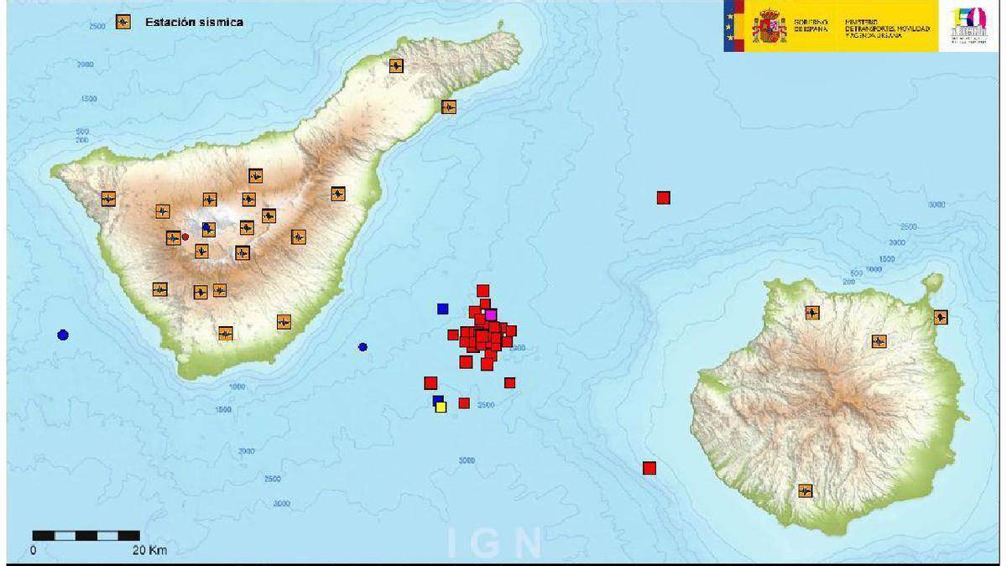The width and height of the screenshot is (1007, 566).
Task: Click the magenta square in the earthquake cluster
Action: [x=491, y=314]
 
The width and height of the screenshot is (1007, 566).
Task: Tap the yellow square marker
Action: [x=441, y=407]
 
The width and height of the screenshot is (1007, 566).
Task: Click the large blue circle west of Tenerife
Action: [x=62, y=335]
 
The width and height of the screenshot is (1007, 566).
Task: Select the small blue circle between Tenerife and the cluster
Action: [x=363, y=347]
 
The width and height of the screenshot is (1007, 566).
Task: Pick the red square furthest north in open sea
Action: [x=663, y=198]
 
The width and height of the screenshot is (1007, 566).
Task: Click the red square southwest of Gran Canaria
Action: [x=649, y=468]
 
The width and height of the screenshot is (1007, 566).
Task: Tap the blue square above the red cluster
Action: [x=443, y=309]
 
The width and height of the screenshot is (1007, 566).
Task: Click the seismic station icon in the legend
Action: [x=123, y=22]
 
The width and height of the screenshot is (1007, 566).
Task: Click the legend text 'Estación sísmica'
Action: [x=194, y=23]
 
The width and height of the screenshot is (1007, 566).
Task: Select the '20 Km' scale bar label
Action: [x=149, y=551]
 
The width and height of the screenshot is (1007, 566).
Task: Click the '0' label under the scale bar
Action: [x=33, y=551]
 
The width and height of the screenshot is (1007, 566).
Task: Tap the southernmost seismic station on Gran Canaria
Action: [x=806, y=491]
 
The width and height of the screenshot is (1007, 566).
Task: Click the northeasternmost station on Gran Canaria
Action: [x=941, y=317]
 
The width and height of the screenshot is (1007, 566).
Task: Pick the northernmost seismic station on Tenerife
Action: [x=396, y=65]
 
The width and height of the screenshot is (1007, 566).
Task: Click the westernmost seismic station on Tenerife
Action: [x=108, y=199]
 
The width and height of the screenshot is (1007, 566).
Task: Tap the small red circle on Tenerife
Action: [x=185, y=237]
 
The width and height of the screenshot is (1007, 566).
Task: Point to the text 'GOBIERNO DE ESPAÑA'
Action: [x=811, y=25]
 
